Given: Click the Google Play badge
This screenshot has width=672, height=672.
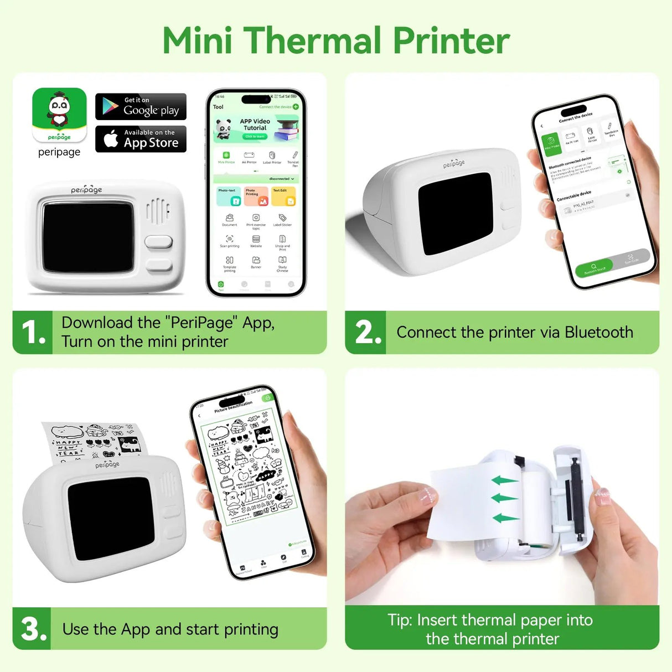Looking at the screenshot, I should [x=141, y=106].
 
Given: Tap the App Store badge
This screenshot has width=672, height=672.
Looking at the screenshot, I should [x=141, y=138].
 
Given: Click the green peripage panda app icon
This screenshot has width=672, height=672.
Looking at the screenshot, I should [x=59, y=115].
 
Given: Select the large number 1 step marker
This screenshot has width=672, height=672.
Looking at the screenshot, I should [x=32, y=332].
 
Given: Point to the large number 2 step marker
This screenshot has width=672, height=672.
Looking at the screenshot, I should [x=368, y=332].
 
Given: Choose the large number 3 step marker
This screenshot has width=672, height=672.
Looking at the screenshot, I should [x=32, y=629].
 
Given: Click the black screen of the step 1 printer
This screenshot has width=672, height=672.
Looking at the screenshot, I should [x=87, y=237].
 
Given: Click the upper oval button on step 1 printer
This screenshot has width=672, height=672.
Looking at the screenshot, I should [x=158, y=242].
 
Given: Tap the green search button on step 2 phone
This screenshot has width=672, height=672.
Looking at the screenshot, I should [x=593, y=268].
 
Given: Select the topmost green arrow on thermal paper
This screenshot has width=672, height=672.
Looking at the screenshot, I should [x=504, y=480].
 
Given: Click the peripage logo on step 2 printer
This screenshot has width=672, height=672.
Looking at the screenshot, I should [x=454, y=163].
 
